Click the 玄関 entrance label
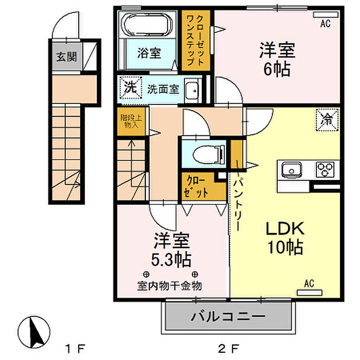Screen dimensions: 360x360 click(66, 56)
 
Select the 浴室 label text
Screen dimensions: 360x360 click(149, 52)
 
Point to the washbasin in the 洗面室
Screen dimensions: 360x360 click(192, 89)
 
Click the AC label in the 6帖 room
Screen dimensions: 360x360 click(325, 23)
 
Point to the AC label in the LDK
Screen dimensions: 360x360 click(309, 283)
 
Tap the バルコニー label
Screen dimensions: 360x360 click(229, 316)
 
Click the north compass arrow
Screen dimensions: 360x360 click(36, 332)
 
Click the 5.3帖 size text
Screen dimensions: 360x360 click(171, 257)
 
